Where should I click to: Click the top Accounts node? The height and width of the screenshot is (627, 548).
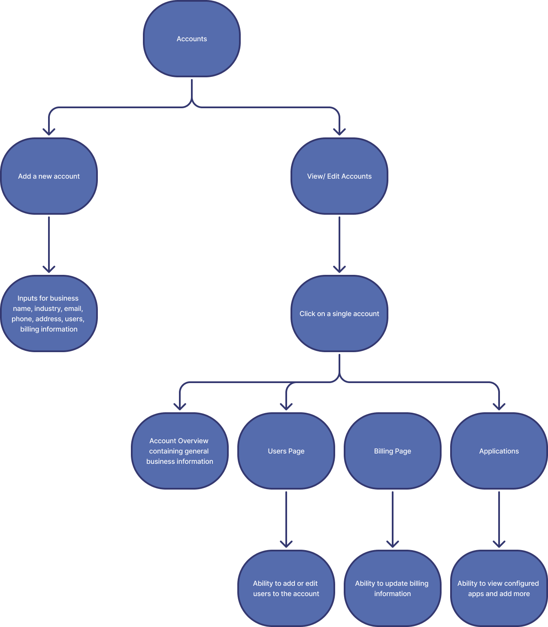192,39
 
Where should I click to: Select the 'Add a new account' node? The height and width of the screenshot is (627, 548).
49,176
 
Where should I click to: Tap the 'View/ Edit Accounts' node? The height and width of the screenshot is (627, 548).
339,176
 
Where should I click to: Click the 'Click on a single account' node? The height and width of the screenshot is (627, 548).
339,313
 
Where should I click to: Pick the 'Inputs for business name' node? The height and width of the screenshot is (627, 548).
49,313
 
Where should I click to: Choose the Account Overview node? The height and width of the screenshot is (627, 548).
179,451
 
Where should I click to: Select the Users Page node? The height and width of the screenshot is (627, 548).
286,451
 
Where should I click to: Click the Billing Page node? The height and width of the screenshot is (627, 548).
393,451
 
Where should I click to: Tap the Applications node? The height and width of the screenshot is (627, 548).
499,451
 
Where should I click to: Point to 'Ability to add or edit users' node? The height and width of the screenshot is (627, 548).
286,588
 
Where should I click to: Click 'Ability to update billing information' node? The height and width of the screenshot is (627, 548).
393,588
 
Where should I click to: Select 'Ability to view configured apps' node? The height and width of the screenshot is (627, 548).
499,588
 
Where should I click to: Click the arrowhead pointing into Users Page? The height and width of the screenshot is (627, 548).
286,406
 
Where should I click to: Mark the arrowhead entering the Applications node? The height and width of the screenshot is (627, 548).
499,406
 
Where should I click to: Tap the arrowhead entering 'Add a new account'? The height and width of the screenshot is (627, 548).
49,131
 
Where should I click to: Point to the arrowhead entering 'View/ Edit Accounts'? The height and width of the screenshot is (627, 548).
339,131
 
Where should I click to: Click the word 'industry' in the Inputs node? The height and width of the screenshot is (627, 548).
48,308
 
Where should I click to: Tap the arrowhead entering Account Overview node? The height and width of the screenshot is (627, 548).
179,406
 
